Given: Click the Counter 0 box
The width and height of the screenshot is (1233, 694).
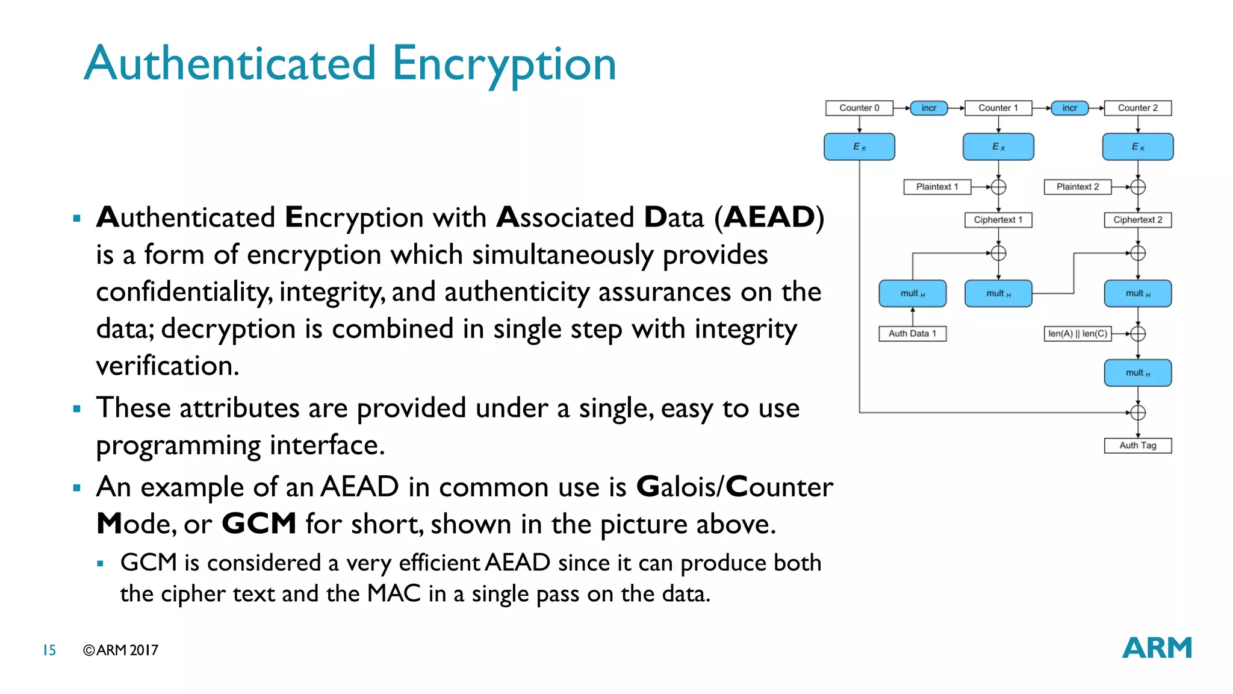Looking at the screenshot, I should [859, 108].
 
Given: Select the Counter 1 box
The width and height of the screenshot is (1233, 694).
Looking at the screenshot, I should [998, 108].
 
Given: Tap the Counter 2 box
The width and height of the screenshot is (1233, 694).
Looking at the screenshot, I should [1138, 108].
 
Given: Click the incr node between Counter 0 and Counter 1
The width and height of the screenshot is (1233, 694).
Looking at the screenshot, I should [929, 108].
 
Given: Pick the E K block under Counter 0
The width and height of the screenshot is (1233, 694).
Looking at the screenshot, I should [859, 147].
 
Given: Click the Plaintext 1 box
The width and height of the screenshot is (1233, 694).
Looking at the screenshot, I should [937, 187].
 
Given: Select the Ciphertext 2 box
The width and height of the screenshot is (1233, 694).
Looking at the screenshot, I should [1138, 220].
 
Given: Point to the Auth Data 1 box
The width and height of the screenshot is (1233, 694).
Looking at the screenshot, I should [913, 333].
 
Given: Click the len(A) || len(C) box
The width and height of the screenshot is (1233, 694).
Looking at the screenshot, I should [1078, 333].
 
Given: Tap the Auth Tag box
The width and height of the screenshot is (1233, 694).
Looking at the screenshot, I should [1138, 445].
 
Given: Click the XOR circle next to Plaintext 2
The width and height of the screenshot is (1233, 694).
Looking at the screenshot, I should [1138, 187].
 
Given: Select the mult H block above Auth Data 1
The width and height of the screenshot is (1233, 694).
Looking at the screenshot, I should [913, 293].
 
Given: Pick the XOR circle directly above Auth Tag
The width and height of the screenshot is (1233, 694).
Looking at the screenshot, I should [1138, 413].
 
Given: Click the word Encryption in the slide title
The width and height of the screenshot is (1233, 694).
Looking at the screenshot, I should [504, 64].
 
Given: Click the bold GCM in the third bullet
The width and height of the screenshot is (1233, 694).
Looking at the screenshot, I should [259, 524].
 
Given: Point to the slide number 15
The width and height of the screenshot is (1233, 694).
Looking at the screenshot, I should [49, 650].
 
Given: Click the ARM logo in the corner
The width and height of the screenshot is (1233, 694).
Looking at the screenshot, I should [1157, 648].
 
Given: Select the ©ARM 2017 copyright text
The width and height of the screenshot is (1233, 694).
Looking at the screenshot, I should [120, 650].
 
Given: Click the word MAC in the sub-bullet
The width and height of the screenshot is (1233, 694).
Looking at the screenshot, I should [394, 593].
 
